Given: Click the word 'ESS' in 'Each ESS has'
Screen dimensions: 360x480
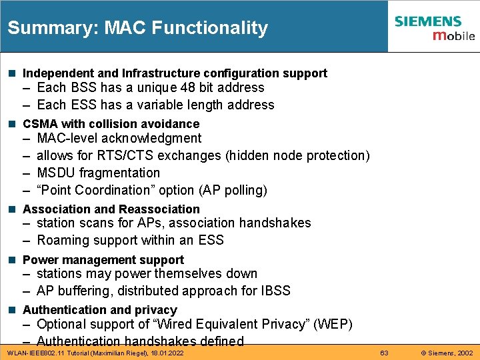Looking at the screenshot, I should click(x=81, y=105).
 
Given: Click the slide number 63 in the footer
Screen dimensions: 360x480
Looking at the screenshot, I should click(x=384, y=352).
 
